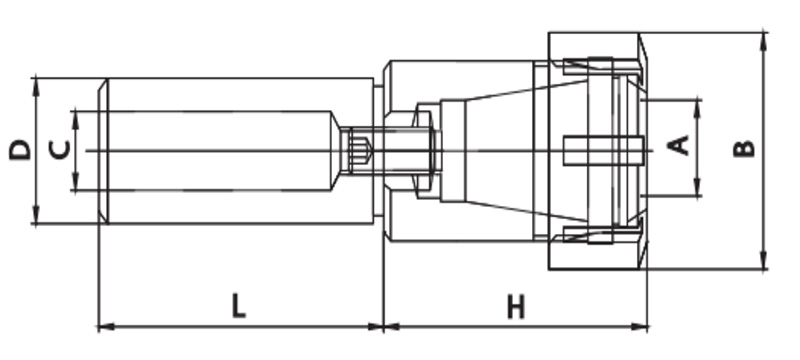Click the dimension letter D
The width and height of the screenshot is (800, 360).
click(20, 150)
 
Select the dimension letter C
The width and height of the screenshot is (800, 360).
click(59, 150)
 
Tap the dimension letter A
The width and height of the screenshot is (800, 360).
click(679, 145)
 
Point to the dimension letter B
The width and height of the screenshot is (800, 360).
click(743, 148)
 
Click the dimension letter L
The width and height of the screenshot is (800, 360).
click(239, 305)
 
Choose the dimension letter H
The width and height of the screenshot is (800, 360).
click(516, 307)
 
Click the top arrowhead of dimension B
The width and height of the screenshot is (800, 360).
click(763, 41)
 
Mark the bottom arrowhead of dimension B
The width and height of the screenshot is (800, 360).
click(763, 260)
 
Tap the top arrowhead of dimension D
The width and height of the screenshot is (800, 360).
click(35, 87)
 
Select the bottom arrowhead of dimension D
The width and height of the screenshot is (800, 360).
click(35, 214)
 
